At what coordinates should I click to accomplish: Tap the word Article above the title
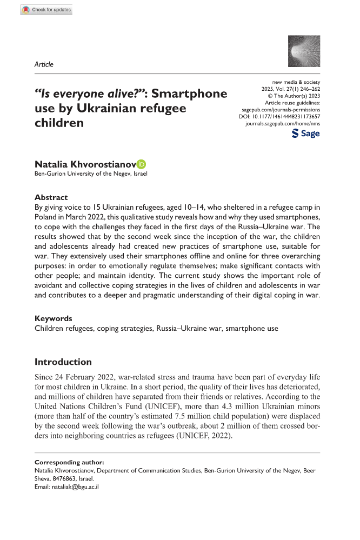tap(44, 64)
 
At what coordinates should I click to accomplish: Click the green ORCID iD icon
tap(142, 164)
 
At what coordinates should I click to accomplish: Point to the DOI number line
tap(279, 116)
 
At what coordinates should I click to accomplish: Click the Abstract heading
tap(51, 197)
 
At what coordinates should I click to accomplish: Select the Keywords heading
tap(54, 318)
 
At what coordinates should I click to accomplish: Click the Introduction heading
tap(63, 362)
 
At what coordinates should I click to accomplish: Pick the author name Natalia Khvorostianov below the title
tap(84, 164)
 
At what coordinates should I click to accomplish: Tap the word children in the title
tap(59, 122)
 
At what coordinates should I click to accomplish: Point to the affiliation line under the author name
tap(90, 174)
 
